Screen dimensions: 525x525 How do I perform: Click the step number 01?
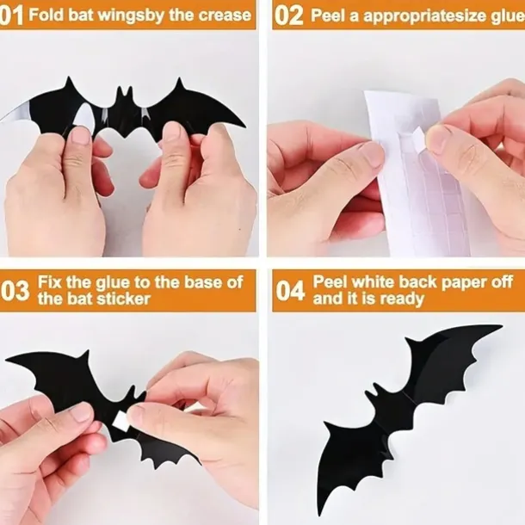13,15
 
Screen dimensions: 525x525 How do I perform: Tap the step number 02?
289,15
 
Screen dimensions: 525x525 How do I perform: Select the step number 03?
15,291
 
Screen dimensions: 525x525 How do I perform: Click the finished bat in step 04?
405,405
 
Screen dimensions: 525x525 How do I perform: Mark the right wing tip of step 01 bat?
243,126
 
